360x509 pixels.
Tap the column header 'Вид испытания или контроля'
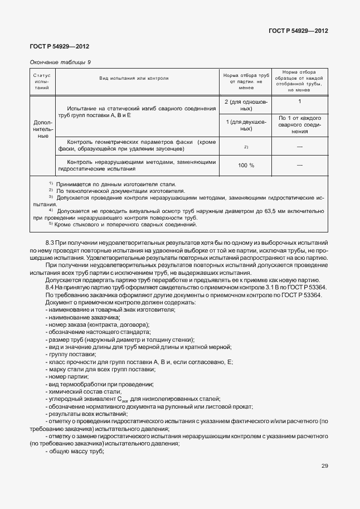click(134, 79)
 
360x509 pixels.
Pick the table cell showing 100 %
click(246, 165)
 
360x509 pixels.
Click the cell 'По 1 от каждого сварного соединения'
click(299, 125)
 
